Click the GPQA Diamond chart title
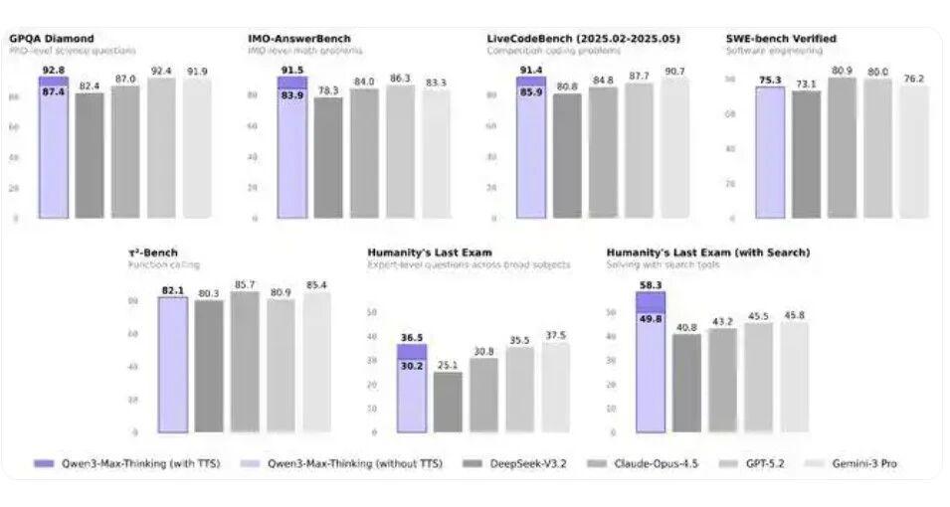click(x=52, y=39)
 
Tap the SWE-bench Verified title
click(x=781, y=39)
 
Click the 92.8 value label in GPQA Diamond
click(x=54, y=70)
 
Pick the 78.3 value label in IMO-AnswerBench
click(x=328, y=90)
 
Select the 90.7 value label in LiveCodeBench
click(x=674, y=72)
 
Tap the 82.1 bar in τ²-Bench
click(x=173, y=364)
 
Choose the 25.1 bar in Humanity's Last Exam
click(x=448, y=402)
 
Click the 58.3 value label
click(x=650, y=284)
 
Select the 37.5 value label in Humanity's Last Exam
click(x=555, y=335)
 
